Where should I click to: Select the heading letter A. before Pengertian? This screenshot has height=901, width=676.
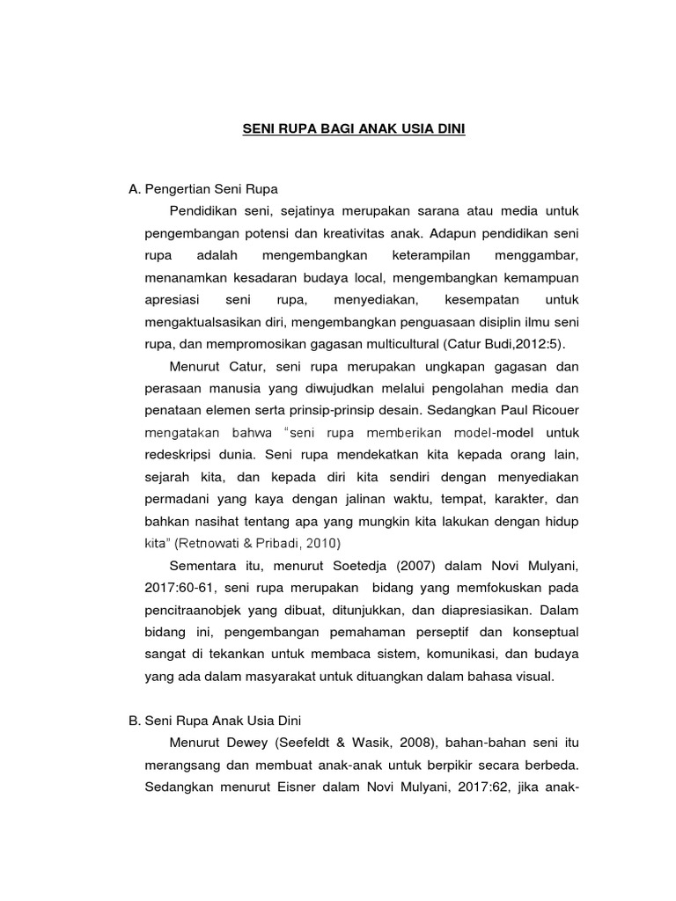pos(135,189)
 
